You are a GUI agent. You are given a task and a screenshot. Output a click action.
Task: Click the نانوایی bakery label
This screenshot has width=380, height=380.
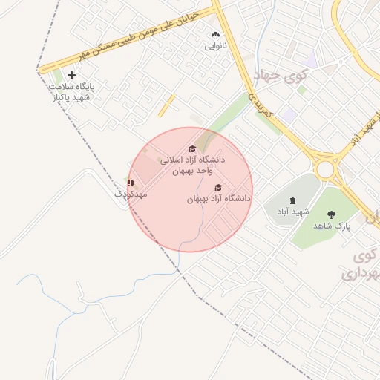coord(216,46)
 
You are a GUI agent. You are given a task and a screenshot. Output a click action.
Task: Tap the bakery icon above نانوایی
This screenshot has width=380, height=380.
coord(216,34)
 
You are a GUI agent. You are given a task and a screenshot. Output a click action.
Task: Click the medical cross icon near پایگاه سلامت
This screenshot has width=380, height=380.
coord(71,75)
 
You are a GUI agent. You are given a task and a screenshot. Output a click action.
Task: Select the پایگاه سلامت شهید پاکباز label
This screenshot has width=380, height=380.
coord(71,91)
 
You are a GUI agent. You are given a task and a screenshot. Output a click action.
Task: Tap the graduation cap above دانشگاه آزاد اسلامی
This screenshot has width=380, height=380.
coord(193,149)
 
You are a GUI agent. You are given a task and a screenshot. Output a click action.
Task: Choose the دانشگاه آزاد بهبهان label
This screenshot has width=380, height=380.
coord(219,199)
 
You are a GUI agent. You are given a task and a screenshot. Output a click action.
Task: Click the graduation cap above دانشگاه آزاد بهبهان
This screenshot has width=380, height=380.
coord(218,187)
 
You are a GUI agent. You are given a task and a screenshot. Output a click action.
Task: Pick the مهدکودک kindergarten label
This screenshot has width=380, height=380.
coord(131,194)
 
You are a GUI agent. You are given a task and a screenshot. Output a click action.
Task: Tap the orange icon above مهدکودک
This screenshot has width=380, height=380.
coord(131,183)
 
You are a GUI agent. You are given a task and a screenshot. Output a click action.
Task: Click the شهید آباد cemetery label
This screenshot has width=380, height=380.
coord(292,212)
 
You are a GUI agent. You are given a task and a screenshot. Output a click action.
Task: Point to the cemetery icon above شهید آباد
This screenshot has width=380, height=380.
coord(292,200)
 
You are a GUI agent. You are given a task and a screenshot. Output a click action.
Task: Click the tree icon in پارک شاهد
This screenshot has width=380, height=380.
coord(331,214)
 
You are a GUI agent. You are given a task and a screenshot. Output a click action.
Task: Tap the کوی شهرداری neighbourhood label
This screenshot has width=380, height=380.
coord(362,266)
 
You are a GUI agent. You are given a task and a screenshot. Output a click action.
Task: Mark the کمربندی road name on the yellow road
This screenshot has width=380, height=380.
coord(261,105)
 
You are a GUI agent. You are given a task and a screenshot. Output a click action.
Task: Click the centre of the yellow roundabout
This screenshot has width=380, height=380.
coord(324,168)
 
